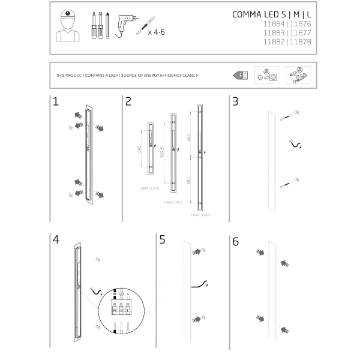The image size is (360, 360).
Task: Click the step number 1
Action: pyautogui.click(x=56, y=101)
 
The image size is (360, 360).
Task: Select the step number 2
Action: pyautogui.click(x=128, y=101)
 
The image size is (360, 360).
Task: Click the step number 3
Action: pyautogui.click(x=235, y=101)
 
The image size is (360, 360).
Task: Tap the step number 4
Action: pyautogui.click(x=56, y=239)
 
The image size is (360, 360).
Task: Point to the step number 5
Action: pyautogui.click(x=163, y=241)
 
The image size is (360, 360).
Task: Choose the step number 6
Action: pyautogui.click(x=235, y=242)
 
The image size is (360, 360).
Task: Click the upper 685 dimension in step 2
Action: pyautogui.click(x=189, y=139)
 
